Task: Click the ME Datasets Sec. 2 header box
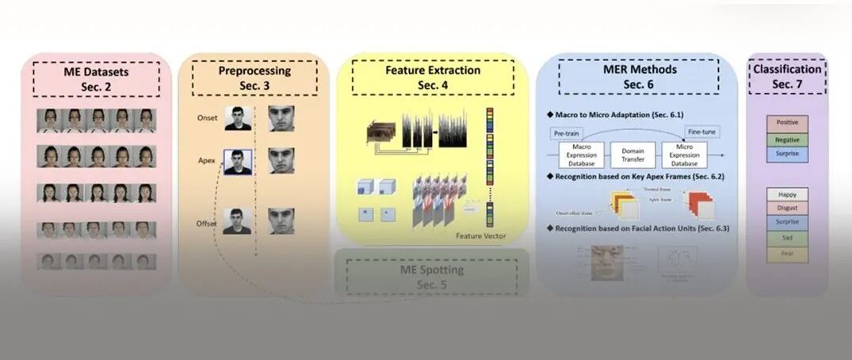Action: tap(96, 78)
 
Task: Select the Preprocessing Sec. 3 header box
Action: tap(254, 78)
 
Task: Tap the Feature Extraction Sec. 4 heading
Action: tap(433, 77)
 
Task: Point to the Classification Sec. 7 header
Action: tap(787, 76)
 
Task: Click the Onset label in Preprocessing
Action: tap(206, 118)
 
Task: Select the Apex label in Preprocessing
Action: tap(207, 160)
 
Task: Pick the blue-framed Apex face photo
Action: tap(238, 163)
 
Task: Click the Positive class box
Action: tap(788, 123)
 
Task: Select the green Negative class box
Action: tap(788, 139)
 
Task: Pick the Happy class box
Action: tap(788, 194)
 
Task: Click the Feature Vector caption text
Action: tap(480, 236)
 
